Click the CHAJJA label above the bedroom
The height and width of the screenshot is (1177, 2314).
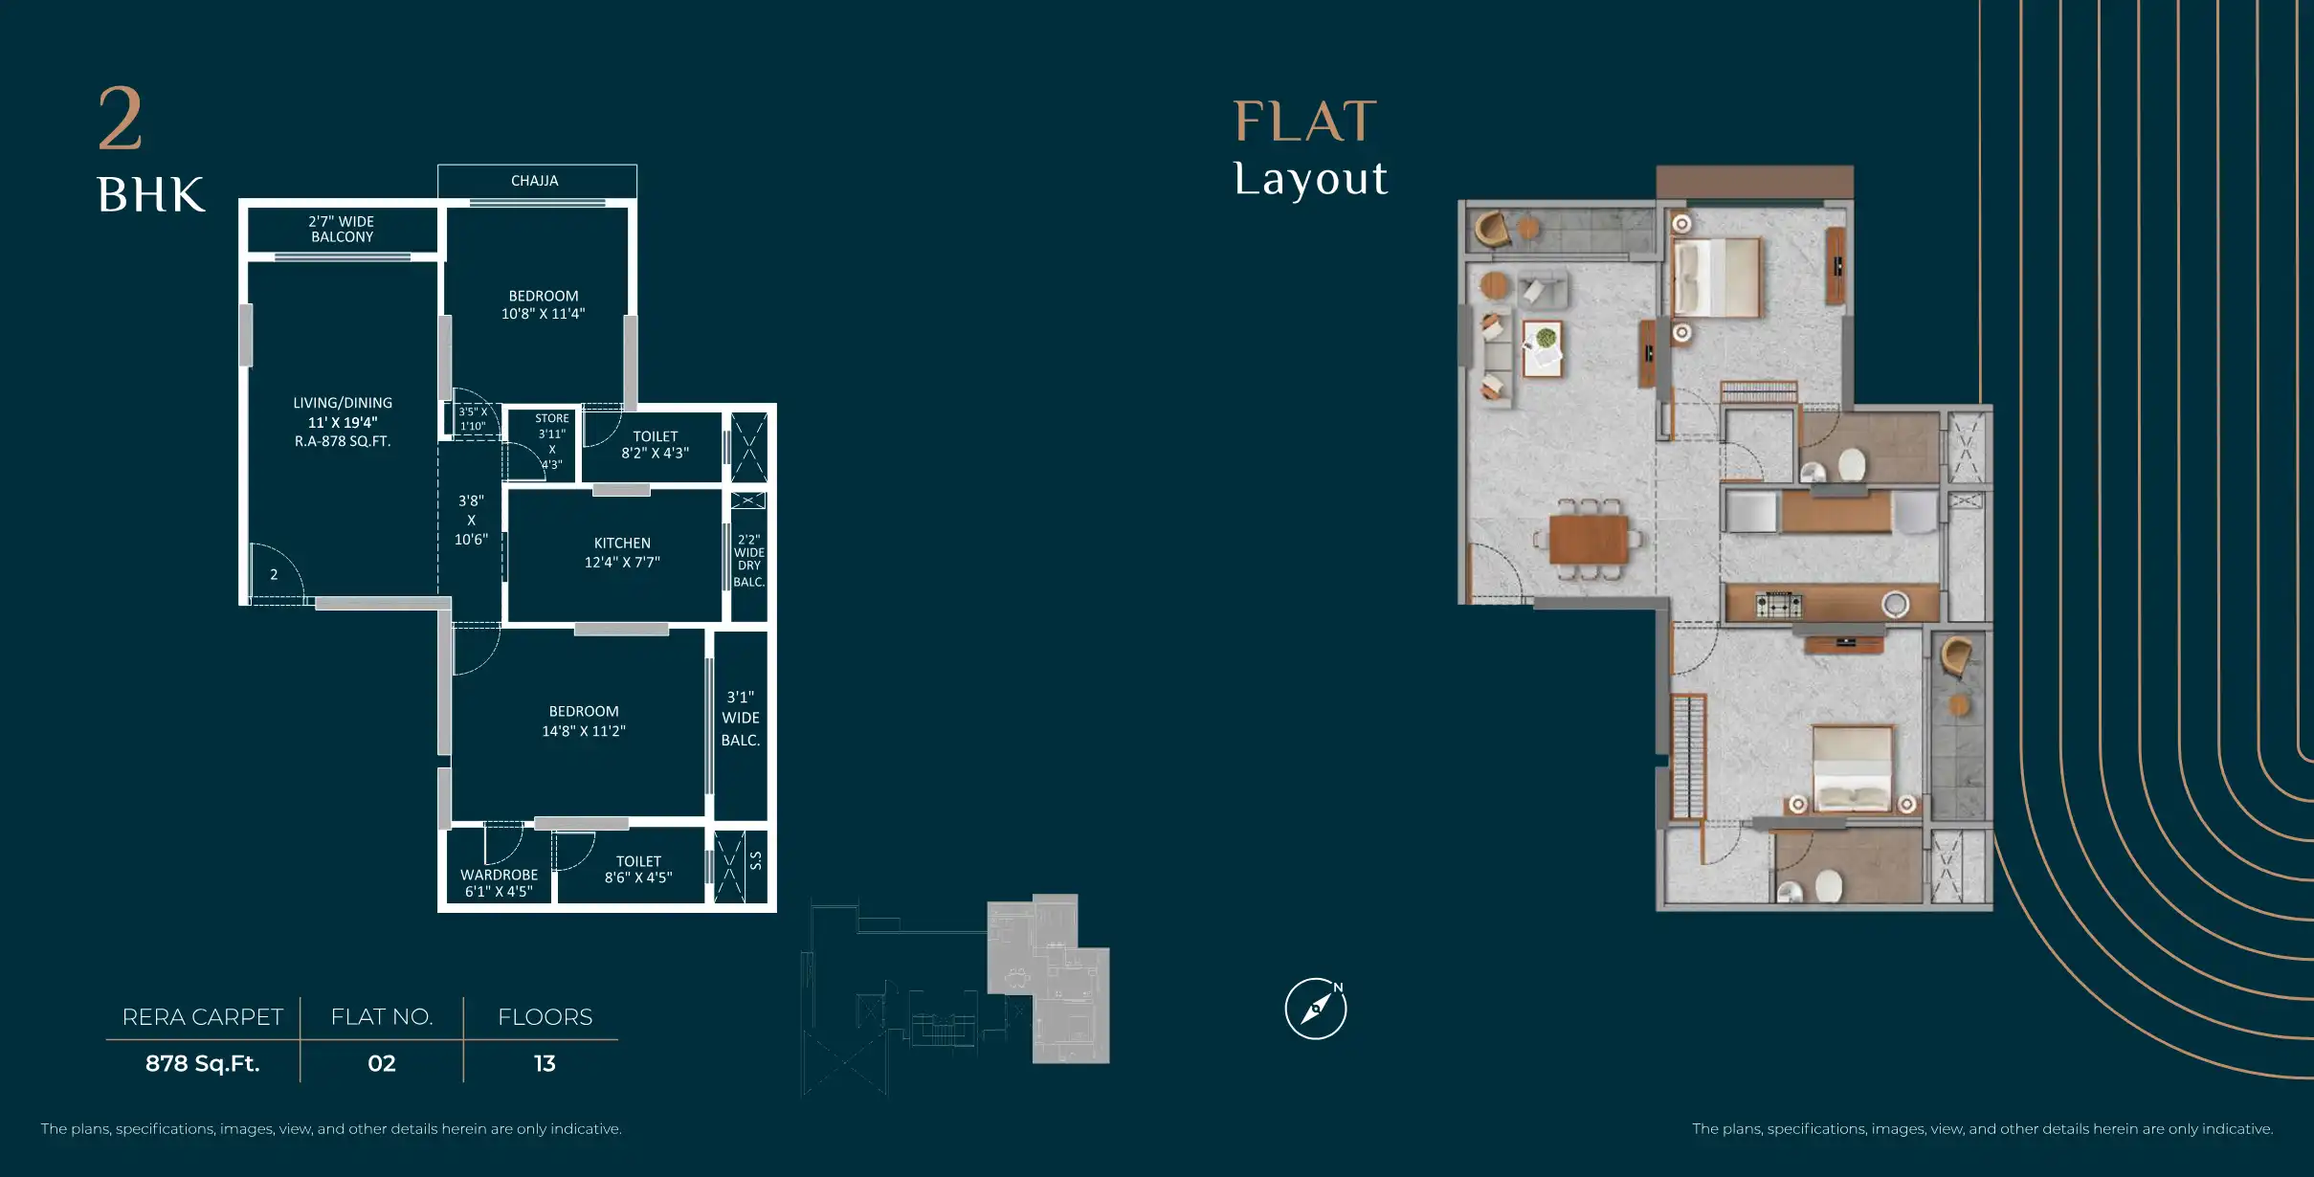534,181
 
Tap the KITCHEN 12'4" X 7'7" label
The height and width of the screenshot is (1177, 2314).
622,552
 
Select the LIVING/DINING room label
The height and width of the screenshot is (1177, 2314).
343,422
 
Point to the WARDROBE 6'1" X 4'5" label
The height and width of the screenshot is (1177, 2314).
499,882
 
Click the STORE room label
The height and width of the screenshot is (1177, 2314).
552,441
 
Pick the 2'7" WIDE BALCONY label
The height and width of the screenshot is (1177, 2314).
342,229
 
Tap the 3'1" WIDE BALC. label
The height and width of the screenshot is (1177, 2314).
741,719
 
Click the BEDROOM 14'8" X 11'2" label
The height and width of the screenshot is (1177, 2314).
584,721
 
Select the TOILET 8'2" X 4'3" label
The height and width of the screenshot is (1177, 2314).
656,444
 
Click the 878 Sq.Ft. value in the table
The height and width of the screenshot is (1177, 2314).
203,1063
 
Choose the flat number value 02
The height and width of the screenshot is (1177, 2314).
382,1063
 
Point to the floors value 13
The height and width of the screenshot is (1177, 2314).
545,1063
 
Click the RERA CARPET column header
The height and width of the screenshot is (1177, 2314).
203,1017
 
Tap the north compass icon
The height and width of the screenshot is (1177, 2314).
1316,1009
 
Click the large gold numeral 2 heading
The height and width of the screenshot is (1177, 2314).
121,119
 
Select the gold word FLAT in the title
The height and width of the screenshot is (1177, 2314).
1305,122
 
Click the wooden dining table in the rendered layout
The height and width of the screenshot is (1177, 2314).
1589,540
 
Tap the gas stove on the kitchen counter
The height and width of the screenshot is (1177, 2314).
1779,605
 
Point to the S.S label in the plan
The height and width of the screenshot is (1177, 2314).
756,860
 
